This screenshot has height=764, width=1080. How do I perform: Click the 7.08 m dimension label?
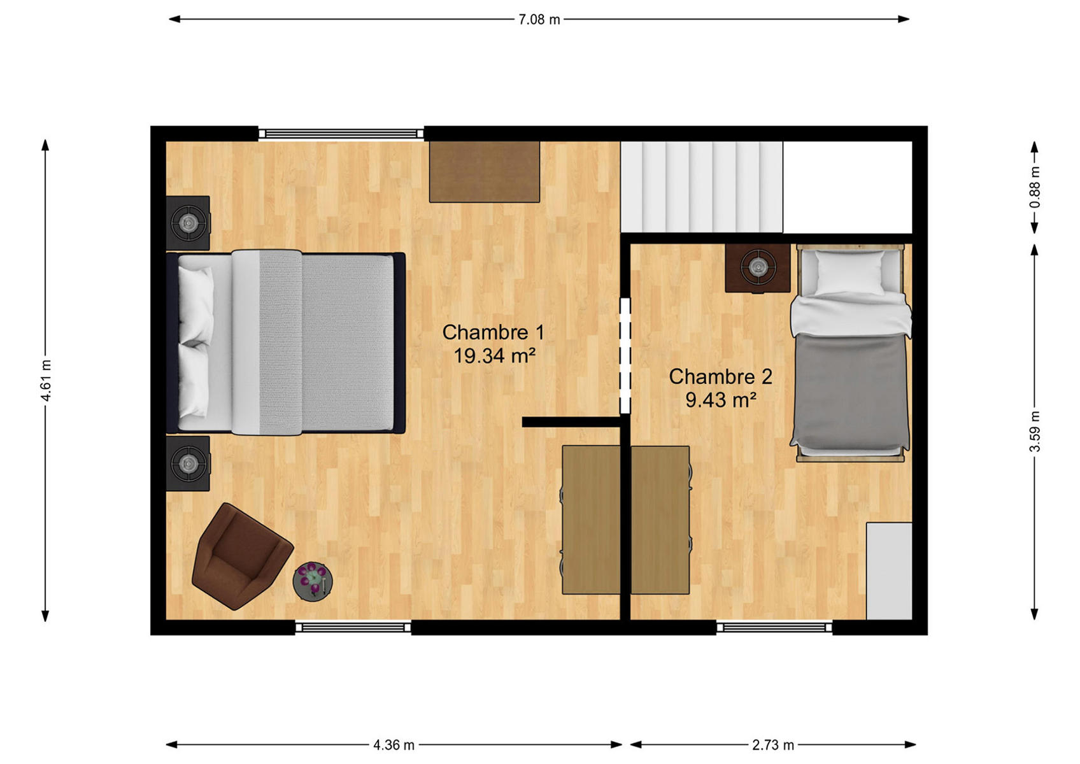pos(539,20)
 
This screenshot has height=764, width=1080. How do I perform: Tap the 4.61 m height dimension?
pos(46,381)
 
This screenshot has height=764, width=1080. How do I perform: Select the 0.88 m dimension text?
pos(1035,187)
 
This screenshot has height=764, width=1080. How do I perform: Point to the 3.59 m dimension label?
pos(1035,432)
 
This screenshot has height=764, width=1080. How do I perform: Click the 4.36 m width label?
pos(394,745)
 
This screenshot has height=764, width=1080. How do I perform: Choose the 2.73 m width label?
pos(773,745)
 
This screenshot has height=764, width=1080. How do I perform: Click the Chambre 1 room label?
pos(494,332)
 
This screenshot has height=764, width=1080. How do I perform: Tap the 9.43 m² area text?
pos(721,400)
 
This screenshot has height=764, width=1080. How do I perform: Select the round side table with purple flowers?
pos(313,581)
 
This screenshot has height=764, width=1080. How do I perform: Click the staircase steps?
pos(702,187)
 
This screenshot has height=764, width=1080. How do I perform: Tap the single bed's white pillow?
pos(849,272)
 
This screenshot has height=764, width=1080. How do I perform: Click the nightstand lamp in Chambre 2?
pos(758,267)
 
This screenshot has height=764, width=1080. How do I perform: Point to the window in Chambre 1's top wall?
pos(341,134)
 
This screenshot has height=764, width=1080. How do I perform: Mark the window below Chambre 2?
pos(774,627)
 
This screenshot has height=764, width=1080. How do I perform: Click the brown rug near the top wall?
pos(485,172)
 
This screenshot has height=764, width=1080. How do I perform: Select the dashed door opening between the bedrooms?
pos(625,355)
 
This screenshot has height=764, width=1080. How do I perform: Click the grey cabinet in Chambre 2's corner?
pos(889,570)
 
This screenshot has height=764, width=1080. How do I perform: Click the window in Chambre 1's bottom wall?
pos(353,627)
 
